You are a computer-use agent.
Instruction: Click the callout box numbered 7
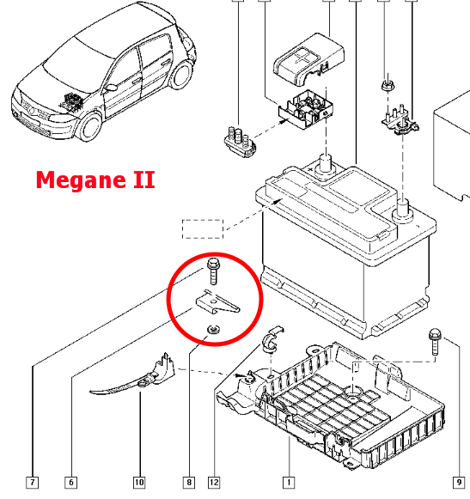pos(32,482)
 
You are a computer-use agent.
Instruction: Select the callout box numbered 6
pos(71,482)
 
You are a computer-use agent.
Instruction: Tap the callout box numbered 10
pos(139,482)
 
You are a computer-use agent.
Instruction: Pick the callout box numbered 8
pos(189,482)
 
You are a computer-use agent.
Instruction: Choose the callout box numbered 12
pos(214,482)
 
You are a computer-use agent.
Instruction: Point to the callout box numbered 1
pos(289,482)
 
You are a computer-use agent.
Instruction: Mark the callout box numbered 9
pos(459,482)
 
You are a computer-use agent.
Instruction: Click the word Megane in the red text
pos(82,180)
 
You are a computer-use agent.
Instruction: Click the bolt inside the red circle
pos(213,271)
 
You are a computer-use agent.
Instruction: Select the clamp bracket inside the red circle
pos(217,303)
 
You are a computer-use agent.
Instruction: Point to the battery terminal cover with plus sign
pos(308,60)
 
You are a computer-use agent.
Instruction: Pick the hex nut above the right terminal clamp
pos(388,85)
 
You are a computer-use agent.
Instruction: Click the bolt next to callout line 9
pos(434,342)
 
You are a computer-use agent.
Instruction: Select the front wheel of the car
pos(89,126)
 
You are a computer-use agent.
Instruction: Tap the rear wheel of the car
pos(180,75)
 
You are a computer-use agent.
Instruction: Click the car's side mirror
pos(111,88)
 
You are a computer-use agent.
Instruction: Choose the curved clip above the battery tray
pos(272,339)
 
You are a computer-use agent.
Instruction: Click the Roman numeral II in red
pos(144,180)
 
